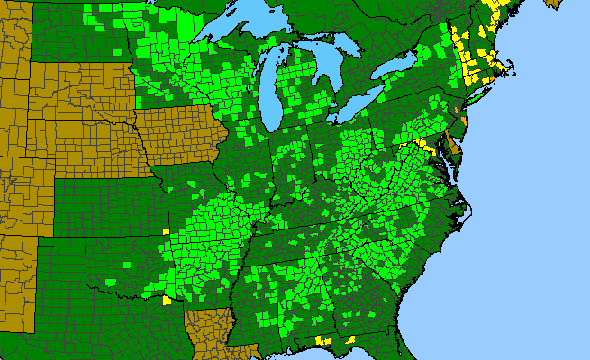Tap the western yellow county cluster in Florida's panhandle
(x=322, y=341)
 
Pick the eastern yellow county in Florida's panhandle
(x=349, y=338)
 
